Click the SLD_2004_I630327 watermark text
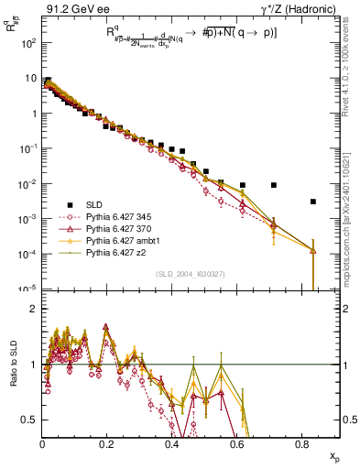tap(191, 274)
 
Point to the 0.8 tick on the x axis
tap(301, 444)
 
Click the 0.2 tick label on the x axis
tap(107, 444)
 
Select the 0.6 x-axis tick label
tap(236, 444)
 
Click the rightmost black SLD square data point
tap(313, 202)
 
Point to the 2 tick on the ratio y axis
tap(35, 309)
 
